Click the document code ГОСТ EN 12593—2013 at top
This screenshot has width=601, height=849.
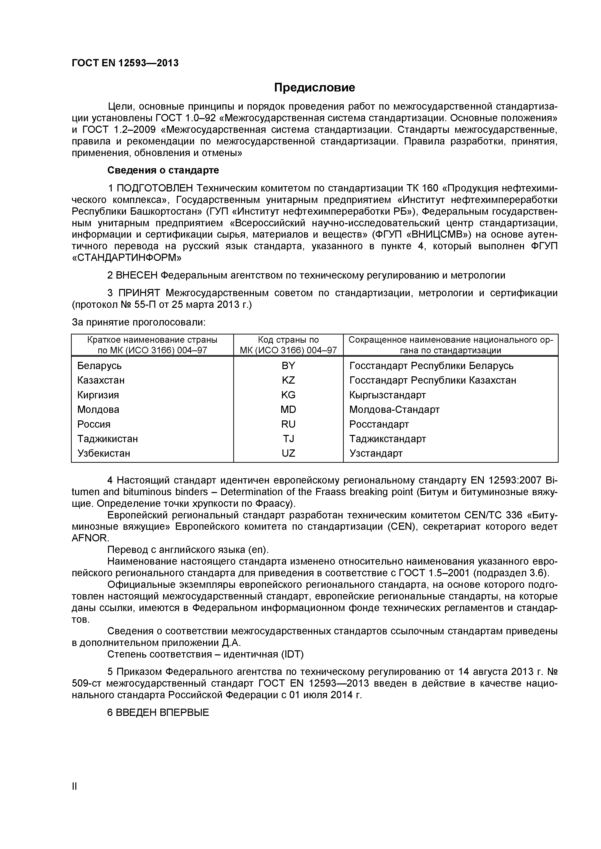125,63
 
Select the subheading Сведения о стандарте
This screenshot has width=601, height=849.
163,170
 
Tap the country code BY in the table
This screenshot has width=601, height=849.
288,366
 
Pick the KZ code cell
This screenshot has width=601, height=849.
288,380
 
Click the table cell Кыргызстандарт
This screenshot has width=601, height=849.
388,395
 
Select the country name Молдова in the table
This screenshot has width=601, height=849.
98,409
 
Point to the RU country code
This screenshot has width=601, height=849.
288,424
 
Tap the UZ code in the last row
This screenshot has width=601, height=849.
288,453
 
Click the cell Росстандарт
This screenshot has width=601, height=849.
379,424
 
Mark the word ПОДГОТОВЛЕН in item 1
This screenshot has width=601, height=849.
155,188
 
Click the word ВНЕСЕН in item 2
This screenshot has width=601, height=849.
137,275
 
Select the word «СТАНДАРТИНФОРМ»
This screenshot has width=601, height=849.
126,258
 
